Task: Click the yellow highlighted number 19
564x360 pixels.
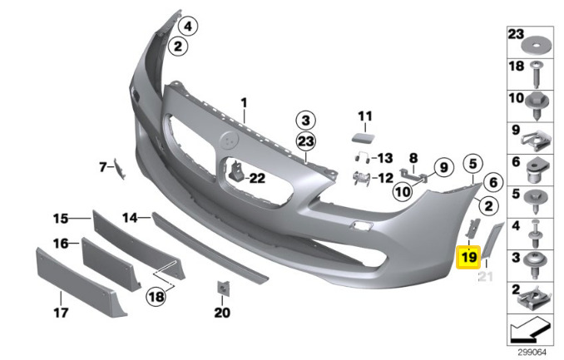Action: tap(468, 258)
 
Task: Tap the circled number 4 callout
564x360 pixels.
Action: tap(188, 27)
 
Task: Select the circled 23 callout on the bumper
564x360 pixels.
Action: tap(305, 141)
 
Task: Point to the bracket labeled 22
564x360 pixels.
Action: tap(237, 171)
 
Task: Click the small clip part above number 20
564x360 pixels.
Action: tap(223, 288)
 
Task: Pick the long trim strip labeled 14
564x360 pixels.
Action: tap(210, 248)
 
